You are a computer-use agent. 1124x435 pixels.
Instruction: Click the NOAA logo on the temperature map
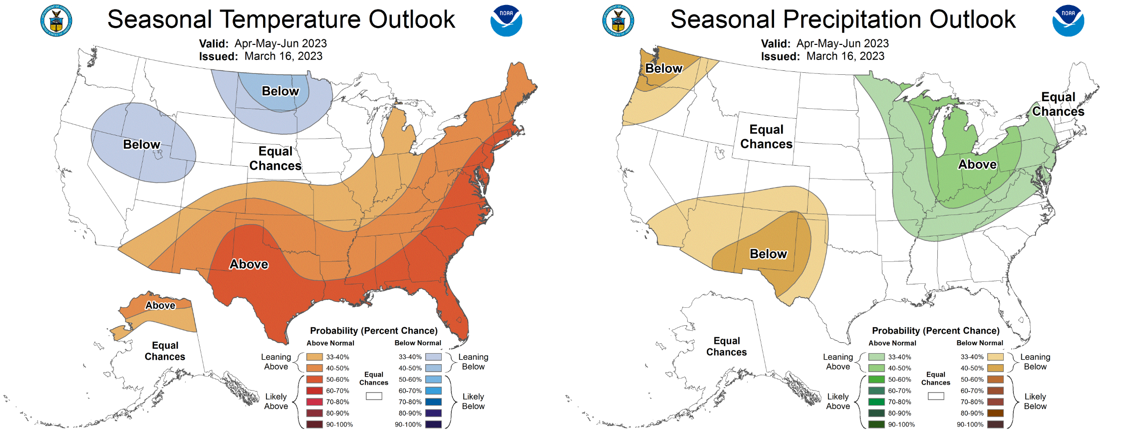coord(506,21)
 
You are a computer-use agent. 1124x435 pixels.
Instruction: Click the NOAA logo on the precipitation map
coord(1068,21)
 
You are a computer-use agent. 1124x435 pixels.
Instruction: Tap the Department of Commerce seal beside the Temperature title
coord(56,21)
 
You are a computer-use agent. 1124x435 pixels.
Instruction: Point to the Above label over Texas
coord(249,264)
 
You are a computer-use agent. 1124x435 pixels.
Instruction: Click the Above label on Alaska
coord(160,305)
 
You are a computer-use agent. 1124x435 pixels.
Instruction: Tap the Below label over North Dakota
coord(280,91)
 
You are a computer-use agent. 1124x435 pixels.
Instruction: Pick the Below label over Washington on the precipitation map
coord(663,68)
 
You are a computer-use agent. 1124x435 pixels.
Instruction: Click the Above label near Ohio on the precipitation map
coord(977,165)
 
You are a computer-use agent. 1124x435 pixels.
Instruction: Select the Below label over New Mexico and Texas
coord(768,254)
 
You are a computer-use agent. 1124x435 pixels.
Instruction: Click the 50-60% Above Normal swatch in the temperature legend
coord(314,380)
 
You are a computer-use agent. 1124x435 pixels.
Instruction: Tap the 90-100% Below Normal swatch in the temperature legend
coord(433,425)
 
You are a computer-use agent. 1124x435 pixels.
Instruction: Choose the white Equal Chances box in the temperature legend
coord(374,396)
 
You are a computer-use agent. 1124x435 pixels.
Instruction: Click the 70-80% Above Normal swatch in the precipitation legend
coord(876,402)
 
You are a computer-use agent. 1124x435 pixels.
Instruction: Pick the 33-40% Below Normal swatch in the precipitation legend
coord(995,357)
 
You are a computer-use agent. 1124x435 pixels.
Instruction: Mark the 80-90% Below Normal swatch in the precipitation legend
coord(995,413)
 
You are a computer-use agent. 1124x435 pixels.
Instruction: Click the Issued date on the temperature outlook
coord(283,56)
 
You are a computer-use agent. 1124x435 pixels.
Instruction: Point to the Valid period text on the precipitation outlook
coord(842,44)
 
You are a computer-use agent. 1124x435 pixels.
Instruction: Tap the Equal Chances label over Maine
coord(1058,104)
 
